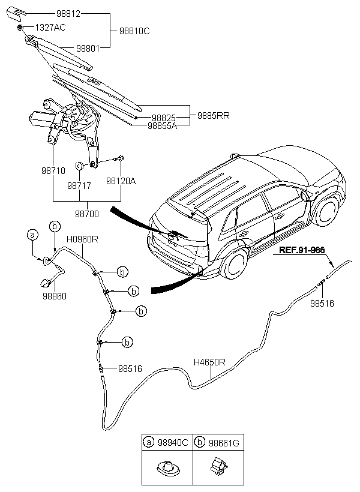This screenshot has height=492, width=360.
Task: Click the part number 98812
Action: click(68, 13)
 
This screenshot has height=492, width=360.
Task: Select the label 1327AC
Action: click(50, 28)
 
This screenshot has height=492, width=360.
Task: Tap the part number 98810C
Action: click(134, 31)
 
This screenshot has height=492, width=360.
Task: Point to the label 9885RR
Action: click(214, 115)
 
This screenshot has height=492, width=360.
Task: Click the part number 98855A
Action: click(162, 126)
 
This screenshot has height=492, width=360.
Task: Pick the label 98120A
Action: click(121, 181)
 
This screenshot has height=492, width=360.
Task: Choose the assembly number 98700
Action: click(87, 214)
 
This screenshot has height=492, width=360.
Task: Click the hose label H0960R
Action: click(82, 239)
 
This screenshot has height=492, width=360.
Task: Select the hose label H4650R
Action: click(209, 362)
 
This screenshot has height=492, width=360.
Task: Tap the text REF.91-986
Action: click(302, 250)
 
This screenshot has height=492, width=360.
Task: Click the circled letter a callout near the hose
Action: click(32, 235)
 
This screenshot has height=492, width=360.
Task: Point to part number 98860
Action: click(55, 296)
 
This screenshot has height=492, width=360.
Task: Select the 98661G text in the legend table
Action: click(224, 443)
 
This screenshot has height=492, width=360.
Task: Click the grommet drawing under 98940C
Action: click(168, 468)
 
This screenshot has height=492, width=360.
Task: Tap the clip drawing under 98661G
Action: click(219, 466)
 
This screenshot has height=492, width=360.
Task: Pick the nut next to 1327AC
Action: click(20, 28)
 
